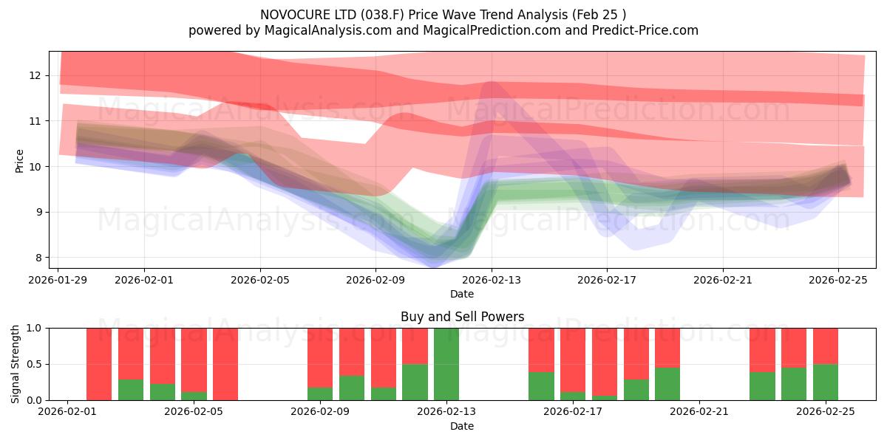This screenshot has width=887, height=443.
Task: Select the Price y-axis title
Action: click(x=20, y=161)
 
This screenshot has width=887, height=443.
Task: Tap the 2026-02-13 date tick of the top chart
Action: click(x=492, y=280)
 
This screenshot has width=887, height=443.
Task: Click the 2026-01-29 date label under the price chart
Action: click(x=58, y=280)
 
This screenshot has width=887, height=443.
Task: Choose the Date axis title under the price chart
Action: click(x=462, y=294)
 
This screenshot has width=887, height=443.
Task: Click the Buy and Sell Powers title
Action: click(x=462, y=317)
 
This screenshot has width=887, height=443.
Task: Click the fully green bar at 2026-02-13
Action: click(x=446, y=364)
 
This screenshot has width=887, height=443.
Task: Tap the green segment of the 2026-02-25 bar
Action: click(x=826, y=382)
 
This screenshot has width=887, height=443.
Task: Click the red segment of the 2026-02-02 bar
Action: click(x=99, y=364)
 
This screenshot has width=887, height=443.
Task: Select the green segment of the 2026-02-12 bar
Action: click(x=415, y=382)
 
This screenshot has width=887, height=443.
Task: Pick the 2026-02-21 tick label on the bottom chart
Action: click(x=699, y=412)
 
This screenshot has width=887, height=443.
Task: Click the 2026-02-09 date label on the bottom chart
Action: click(x=320, y=412)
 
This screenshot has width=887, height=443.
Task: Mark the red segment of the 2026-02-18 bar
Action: click(x=605, y=360)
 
